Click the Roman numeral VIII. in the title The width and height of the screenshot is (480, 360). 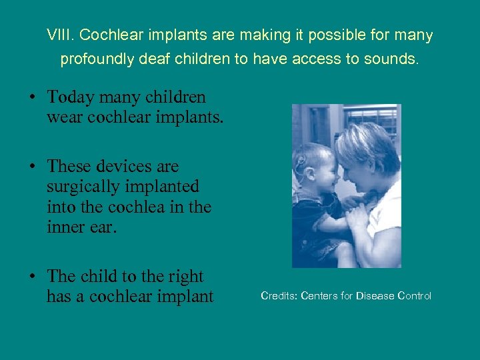[x=58, y=35]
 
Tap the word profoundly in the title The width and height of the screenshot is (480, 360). [x=94, y=59]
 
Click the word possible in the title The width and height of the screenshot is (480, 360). [x=298, y=35]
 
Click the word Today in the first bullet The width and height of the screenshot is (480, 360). [x=71, y=97]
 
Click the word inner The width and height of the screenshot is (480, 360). [x=64, y=227]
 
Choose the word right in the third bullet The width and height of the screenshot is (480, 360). [x=187, y=276]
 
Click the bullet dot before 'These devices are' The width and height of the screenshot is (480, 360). [x=33, y=166]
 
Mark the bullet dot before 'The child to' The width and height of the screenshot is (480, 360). [x=33, y=276]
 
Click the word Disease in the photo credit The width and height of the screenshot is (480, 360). [x=375, y=295]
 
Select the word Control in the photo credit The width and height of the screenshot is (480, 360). [x=415, y=295]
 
